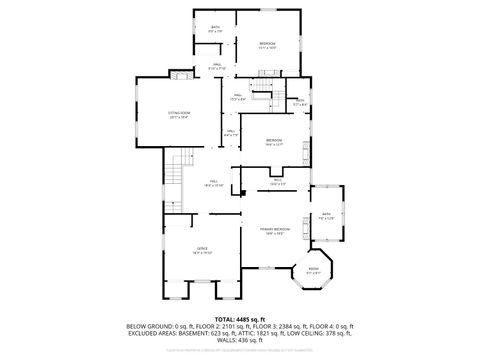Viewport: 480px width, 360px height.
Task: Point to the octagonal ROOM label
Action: point(313,269)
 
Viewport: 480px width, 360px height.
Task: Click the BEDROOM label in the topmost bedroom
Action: point(267,44)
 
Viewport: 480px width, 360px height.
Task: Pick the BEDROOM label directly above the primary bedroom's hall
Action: point(274,141)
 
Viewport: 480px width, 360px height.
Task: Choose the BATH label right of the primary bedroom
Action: point(327,214)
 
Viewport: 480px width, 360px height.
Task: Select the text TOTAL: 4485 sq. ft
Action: point(241,319)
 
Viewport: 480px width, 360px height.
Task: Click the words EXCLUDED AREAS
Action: point(147,333)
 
